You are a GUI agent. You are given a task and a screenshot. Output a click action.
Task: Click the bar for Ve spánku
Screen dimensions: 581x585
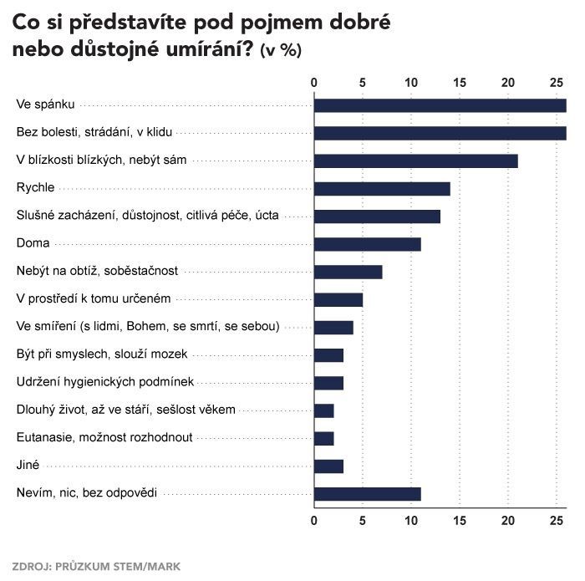coord(440,105)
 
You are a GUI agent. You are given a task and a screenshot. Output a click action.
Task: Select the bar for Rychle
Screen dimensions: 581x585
coord(382,188)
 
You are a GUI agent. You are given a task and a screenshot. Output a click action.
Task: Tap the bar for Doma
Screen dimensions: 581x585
coord(367,244)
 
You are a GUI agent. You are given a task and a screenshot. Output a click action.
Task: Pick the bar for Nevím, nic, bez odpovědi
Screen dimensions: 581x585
coord(367,493)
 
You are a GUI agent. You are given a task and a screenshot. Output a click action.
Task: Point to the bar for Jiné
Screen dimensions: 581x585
coord(328,466)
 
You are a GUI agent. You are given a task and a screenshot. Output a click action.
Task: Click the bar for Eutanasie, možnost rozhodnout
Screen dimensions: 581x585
coord(324,438)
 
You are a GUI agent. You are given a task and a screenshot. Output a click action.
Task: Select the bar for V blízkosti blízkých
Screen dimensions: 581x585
coord(415,161)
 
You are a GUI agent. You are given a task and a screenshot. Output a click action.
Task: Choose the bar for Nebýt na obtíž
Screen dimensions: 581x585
coord(348,272)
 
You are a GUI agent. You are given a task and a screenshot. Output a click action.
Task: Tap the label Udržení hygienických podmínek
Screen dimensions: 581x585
coord(105,382)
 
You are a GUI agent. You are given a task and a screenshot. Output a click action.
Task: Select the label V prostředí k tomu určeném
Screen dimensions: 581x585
coord(94,298)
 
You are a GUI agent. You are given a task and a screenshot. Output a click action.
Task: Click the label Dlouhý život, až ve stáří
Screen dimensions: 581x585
coord(126,410)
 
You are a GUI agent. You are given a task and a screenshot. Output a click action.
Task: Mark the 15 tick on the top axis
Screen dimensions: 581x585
coord(460,82)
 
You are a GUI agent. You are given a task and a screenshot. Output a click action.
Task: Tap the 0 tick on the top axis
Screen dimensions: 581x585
coord(314,82)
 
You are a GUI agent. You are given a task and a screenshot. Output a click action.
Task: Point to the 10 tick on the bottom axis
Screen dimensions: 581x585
coord(411,521)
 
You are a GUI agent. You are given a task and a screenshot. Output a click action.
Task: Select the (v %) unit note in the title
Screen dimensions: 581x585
coord(281,50)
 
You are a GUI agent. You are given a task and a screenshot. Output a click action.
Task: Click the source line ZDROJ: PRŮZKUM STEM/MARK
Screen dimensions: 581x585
coord(96,566)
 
